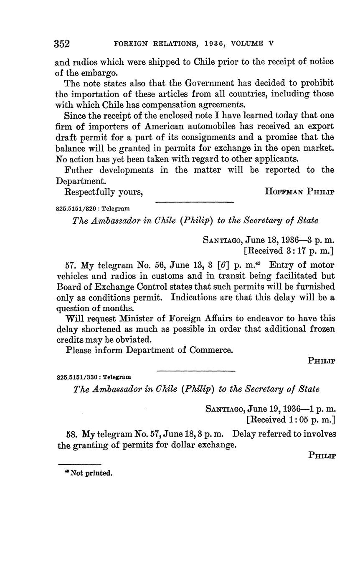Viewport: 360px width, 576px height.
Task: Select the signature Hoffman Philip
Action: coord(299,192)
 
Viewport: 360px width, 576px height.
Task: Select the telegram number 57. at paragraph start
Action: coord(71,265)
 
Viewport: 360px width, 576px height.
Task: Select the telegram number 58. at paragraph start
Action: coord(72,434)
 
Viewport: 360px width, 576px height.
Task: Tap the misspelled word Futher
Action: coord(79,170)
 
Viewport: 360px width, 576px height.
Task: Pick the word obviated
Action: coord(131,339)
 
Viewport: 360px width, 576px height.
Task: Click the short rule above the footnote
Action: coord(79,464)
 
